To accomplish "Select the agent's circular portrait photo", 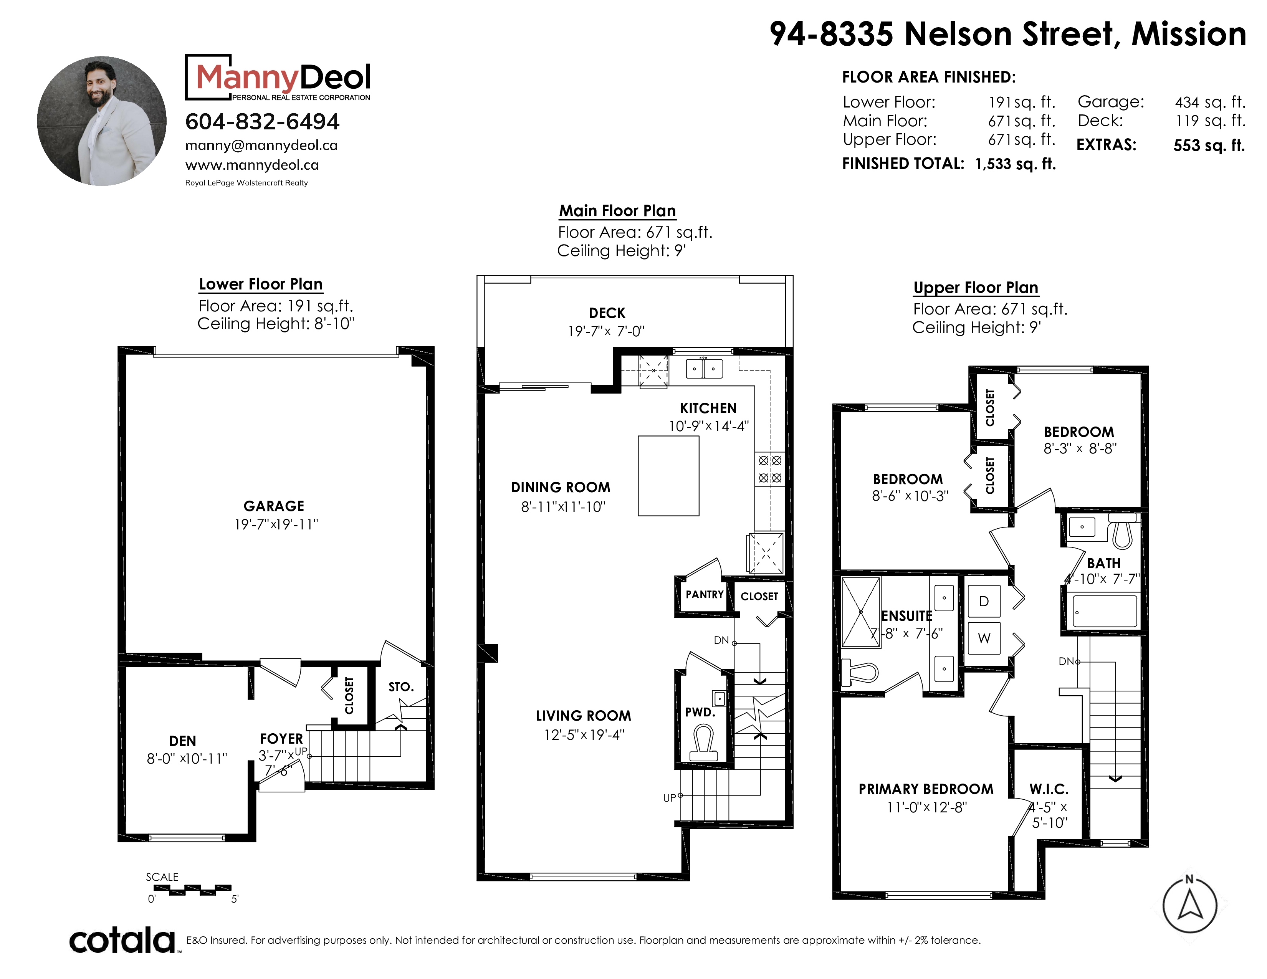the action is [x=101, y=121].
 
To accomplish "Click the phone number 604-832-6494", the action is [x=262, y=122].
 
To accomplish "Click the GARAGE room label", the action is [x=274, y=506].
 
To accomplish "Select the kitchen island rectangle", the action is [x=668, y=476].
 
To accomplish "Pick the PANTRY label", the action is [x=704, y=594].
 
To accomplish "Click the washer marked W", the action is [x=984, y=638].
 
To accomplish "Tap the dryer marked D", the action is [x=984, y=601].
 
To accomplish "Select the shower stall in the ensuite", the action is [x=861, y=612].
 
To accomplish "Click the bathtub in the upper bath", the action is [x=1104, y=611].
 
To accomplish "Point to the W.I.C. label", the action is [x=1049, y=789].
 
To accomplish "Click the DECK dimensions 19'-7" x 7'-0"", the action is [x=606, y=331].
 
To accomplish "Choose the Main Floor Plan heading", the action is [x=617, y=210].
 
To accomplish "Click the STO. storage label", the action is [x=401, y=687].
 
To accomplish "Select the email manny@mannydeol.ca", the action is [x=261, y=146].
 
